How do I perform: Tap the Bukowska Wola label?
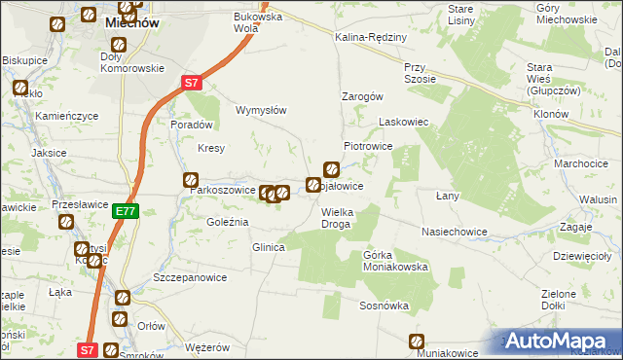point(257,22)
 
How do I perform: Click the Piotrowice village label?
point(368,145)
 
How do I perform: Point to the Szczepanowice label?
point(190,277)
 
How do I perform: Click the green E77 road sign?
point(126,211)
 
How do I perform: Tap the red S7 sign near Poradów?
point(192,83)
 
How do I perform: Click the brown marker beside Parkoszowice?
point(191,179)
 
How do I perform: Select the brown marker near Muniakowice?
point(417,341)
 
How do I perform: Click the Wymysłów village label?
point(261,110)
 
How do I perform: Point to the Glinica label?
point(268,247)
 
